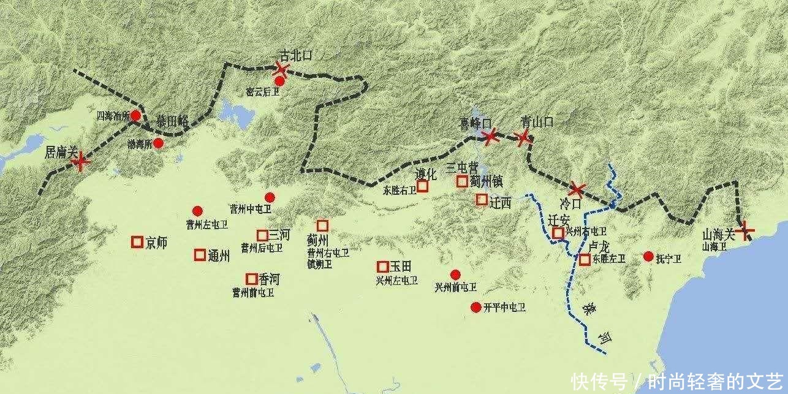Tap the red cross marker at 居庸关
pyautogui.click(x=80, y=162)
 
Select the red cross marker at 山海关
pyautogui.click(x=746, y=232)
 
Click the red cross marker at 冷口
pyautogui.click(x=577, y=189)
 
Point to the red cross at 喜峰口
pyautogui.click(x=490, y=137)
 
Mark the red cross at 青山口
pyautogui.click(x=523, y=137)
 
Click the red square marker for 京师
pyautogui.click(x=137, y=242)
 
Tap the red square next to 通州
pyautogui.click(x=200, y=255)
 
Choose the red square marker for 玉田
pyautogui.click(x=382, y=267)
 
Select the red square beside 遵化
pyautogui.click(x=422, y=186)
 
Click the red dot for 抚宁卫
pyautogui.click(x=648, y=256)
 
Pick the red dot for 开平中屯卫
pyautogui.click(x=475, y=307)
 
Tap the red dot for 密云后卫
pyautogui.click(x=279, y=81)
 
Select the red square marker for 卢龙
pyautogui.click(x=585, y=259)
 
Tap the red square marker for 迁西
pyautogui.click(x=482, y=199)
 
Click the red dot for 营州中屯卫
pyautogui.click(x=270, y=197)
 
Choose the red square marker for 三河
pyautogui.click(x=262, y=235)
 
